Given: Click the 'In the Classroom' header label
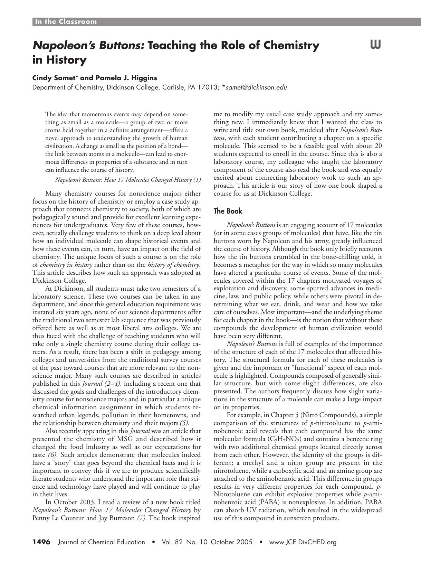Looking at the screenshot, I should click(66, 22).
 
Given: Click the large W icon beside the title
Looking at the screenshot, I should click(376, 45).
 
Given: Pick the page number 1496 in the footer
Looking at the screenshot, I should click(41, 542).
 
